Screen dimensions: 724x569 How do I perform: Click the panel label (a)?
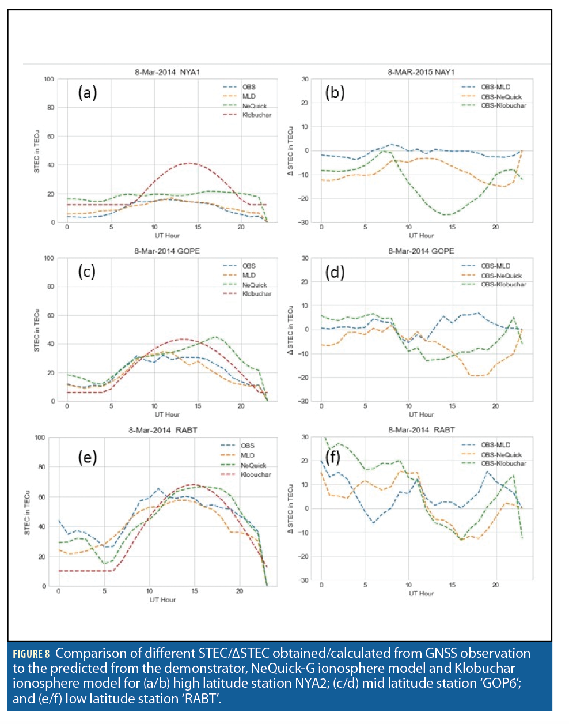point(88,92)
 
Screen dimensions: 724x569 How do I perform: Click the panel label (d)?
point(335,271)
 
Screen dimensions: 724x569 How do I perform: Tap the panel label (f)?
point(333,457)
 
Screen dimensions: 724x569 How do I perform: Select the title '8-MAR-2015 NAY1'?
point(421,72)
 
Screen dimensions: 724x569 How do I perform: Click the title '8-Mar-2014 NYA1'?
point(167,72)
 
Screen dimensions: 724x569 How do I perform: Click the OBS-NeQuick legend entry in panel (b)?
point(500,97)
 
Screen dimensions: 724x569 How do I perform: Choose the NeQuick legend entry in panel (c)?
point(254,285)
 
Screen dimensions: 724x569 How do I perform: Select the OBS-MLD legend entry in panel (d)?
point(495,266)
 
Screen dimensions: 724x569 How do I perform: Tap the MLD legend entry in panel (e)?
point(247,455)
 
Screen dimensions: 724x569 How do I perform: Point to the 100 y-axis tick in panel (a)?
point(49,80)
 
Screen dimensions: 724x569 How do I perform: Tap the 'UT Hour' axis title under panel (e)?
point(162,600)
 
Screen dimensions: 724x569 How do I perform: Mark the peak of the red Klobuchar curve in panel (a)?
point(189,163)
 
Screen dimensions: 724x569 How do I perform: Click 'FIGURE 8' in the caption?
point(31,654)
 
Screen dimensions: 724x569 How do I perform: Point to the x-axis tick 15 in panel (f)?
point(452,585)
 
